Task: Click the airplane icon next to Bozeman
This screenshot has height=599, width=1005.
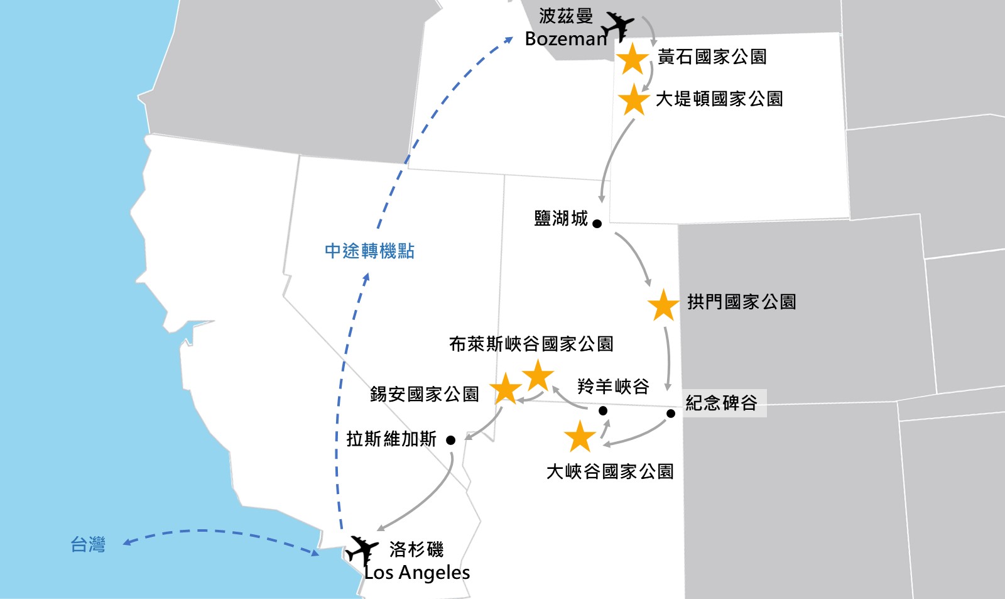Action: coord(617,26)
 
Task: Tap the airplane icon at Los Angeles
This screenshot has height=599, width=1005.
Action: coord(361,551)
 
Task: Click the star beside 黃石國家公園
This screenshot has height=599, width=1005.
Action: coord(633,59)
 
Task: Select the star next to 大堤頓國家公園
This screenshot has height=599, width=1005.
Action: coord(633,100)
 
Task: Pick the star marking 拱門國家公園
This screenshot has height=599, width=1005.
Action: coord(663,305)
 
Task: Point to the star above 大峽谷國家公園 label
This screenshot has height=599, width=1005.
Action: coord(580,437)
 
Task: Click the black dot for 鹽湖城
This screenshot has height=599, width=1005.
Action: coord(597,224)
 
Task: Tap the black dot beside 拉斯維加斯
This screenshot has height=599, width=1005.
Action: coord(450,440)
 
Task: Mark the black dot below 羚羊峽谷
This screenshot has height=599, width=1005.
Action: coord(603,411)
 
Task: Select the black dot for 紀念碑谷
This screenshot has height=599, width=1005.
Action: coord(671,414)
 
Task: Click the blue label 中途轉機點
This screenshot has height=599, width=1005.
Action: coord(369,251)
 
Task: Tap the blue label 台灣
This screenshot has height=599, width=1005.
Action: coord(88,544)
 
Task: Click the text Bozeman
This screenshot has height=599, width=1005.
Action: coord(566,39)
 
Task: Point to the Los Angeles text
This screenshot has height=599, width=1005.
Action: coord(418,573)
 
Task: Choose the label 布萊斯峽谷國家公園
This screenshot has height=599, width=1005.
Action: coord(531,344)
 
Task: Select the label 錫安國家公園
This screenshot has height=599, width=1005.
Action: coord(424,394)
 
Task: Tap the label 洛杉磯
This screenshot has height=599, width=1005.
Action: coord(416,549)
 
